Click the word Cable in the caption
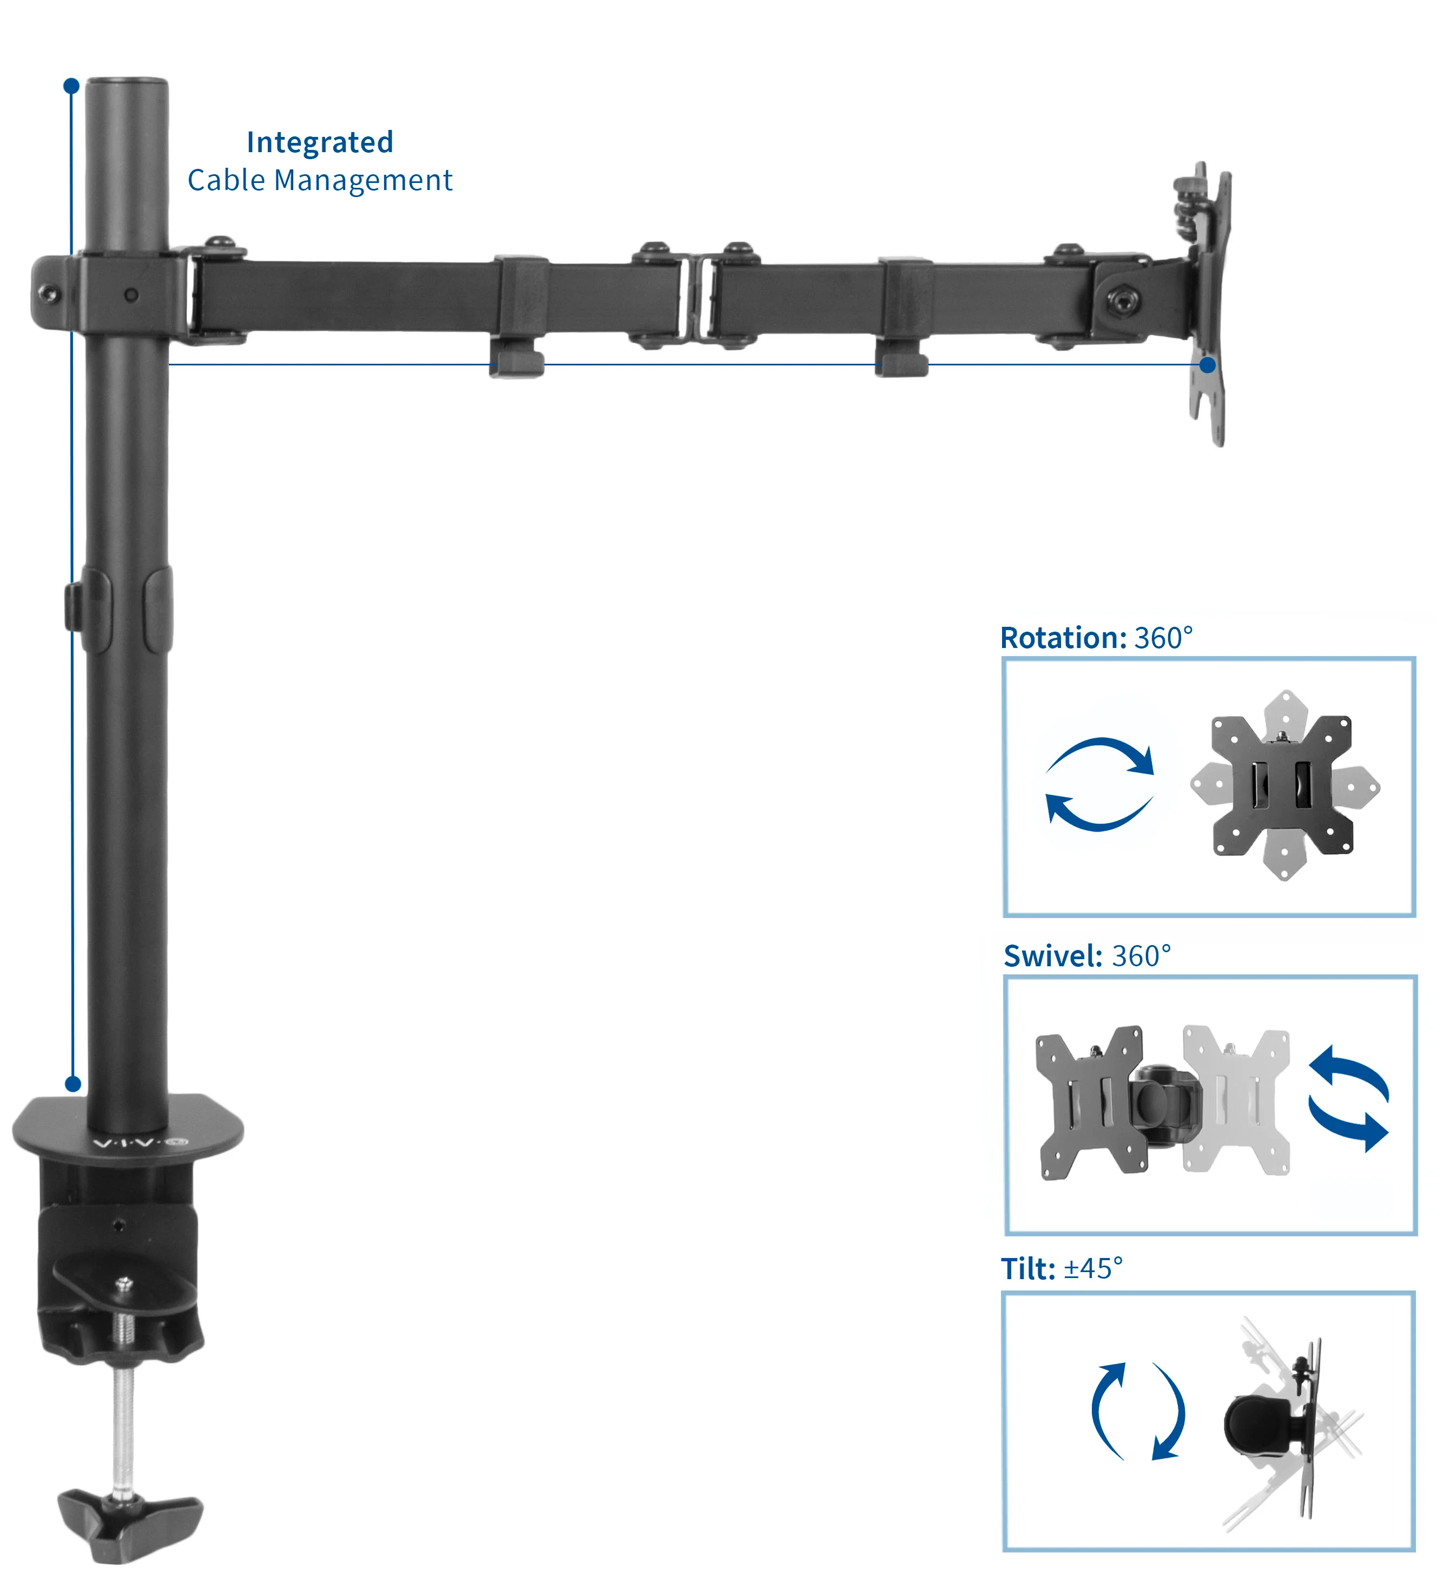pos(226,181)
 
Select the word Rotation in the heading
pos(1062,638)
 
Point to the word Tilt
pos(1027,1269)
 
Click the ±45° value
pos(1093,1269)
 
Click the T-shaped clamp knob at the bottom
pos(129,1521)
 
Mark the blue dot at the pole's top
pos(71,86)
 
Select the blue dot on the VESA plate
pos(1208,365)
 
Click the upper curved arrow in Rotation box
pos(1104,754)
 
